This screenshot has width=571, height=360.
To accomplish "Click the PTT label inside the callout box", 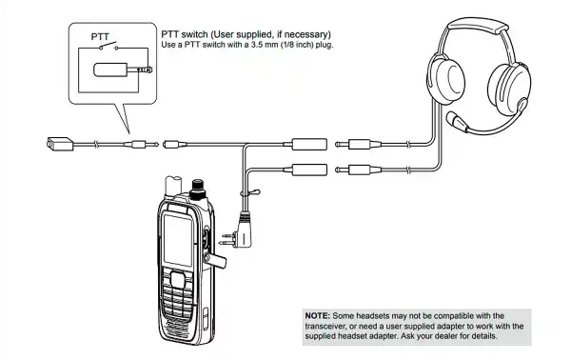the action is (100, 37).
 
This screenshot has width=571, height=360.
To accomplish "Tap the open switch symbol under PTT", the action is (108, 47).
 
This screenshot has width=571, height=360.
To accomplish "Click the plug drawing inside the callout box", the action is (123, 70).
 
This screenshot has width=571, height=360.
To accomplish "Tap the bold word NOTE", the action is (318, 315).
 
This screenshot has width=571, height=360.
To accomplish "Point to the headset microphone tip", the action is (452, 119).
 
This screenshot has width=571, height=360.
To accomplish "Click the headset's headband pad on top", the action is (478, 25).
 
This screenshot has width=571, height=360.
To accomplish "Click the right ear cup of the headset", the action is (508, 89).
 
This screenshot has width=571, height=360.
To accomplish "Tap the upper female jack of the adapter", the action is (309, 145).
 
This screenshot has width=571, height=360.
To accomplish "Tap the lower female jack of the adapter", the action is (309, 170).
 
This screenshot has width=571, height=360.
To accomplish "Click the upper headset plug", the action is (358, 145).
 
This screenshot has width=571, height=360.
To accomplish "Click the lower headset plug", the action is (358, 170).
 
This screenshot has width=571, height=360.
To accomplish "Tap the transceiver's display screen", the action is (178, 240).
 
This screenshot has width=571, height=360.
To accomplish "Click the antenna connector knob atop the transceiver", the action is (198, 190).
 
